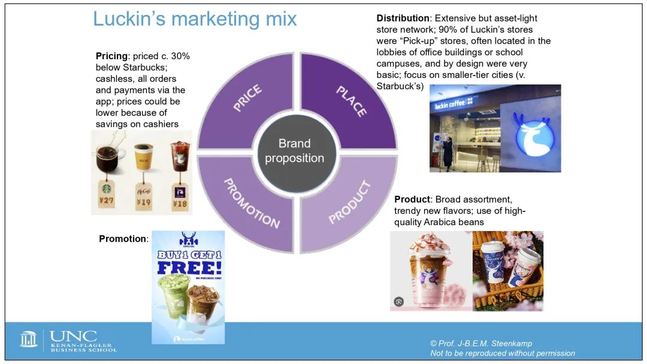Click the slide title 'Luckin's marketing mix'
(x=195, y=19)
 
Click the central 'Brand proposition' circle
(x=295, y=151)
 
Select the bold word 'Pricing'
(x=111, y=56)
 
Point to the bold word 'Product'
(x=412, y=199)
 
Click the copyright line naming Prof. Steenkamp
(x=480, y=344)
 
